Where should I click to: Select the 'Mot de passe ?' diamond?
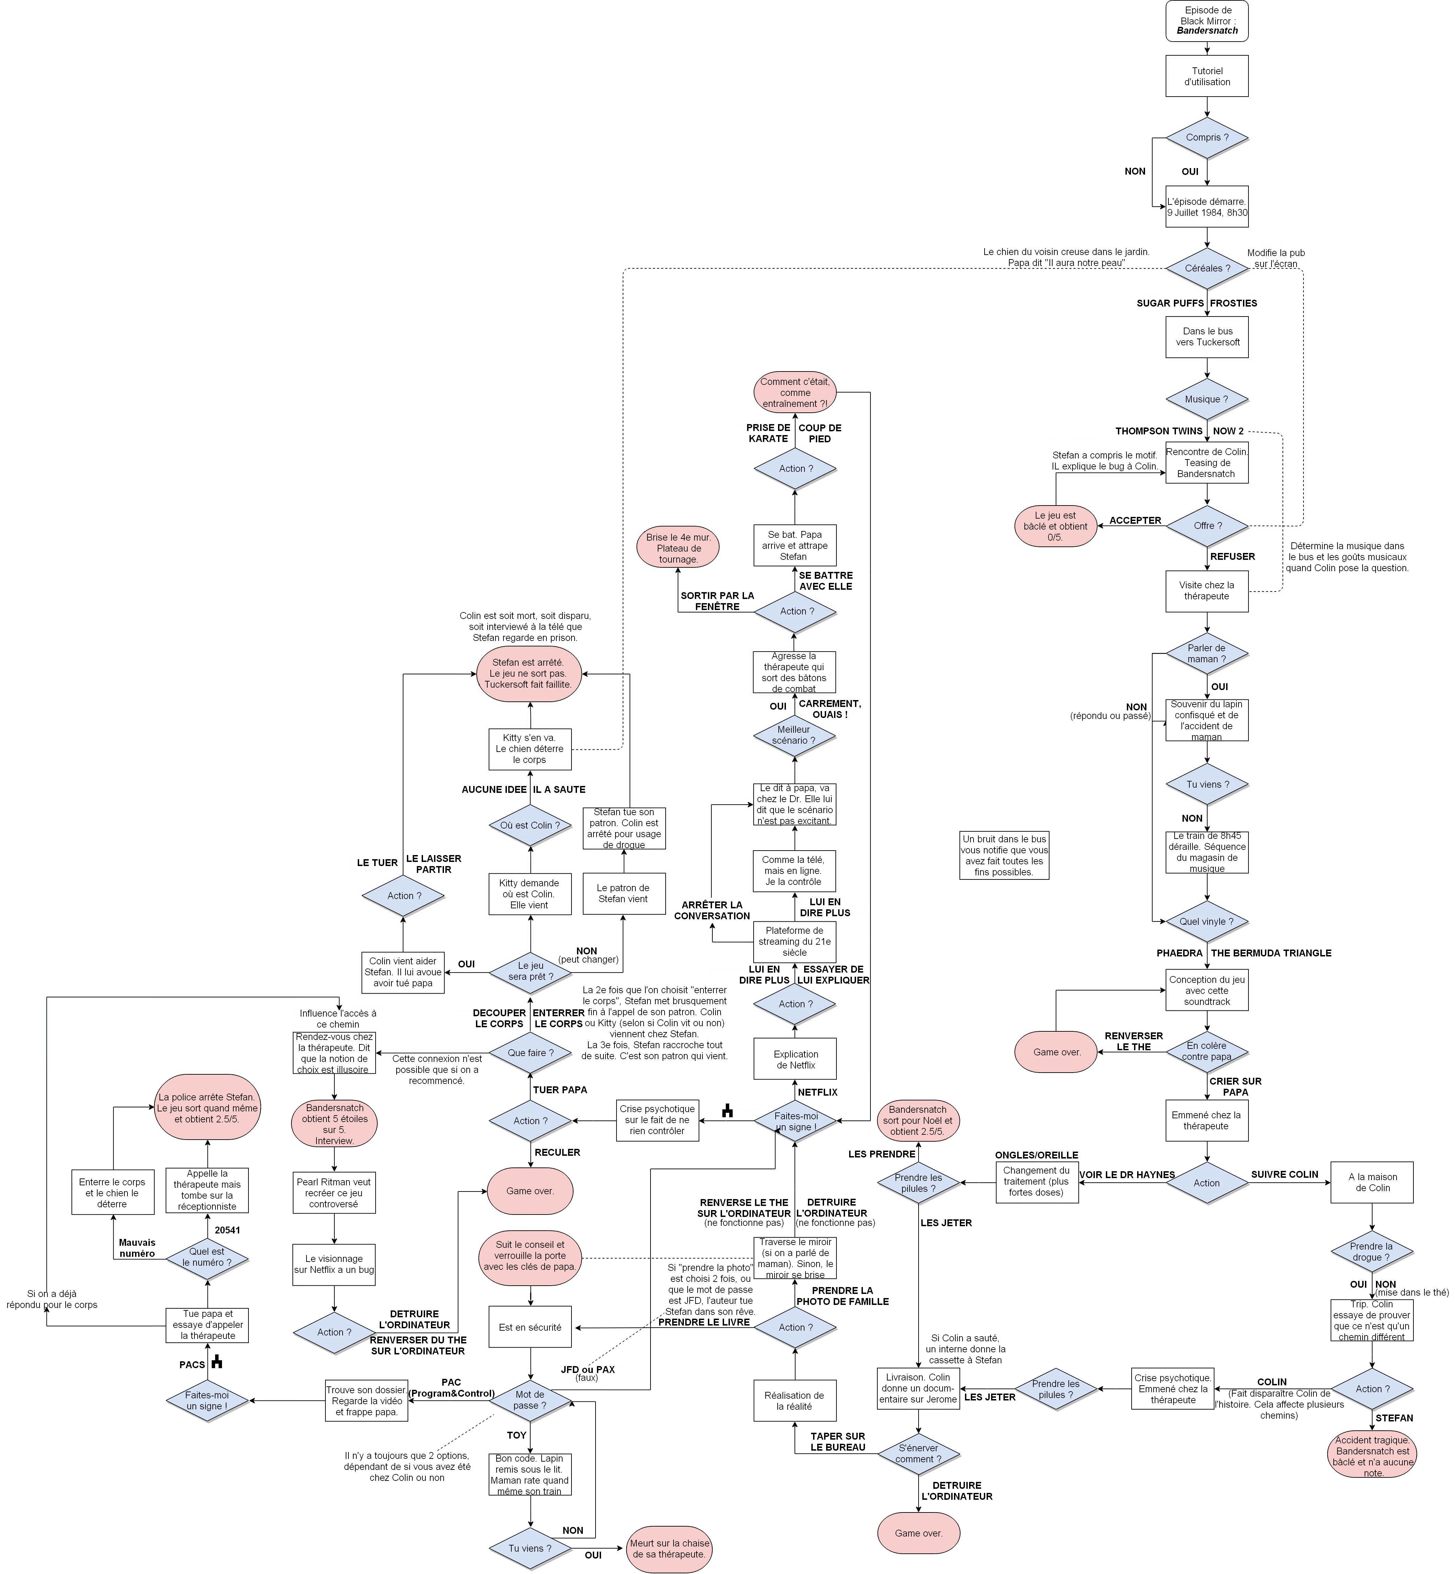[x=530, y=1400]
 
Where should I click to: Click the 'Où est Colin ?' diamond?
[x=530, y=825]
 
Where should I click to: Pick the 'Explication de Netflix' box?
[x=795, y=1059]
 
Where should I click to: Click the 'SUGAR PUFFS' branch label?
[x=1170, y=303]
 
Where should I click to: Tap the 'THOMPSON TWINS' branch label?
[x=1159, y=431]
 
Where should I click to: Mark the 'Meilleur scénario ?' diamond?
[x=795, y=735]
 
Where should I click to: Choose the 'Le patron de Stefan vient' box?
[x=624, y=894]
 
